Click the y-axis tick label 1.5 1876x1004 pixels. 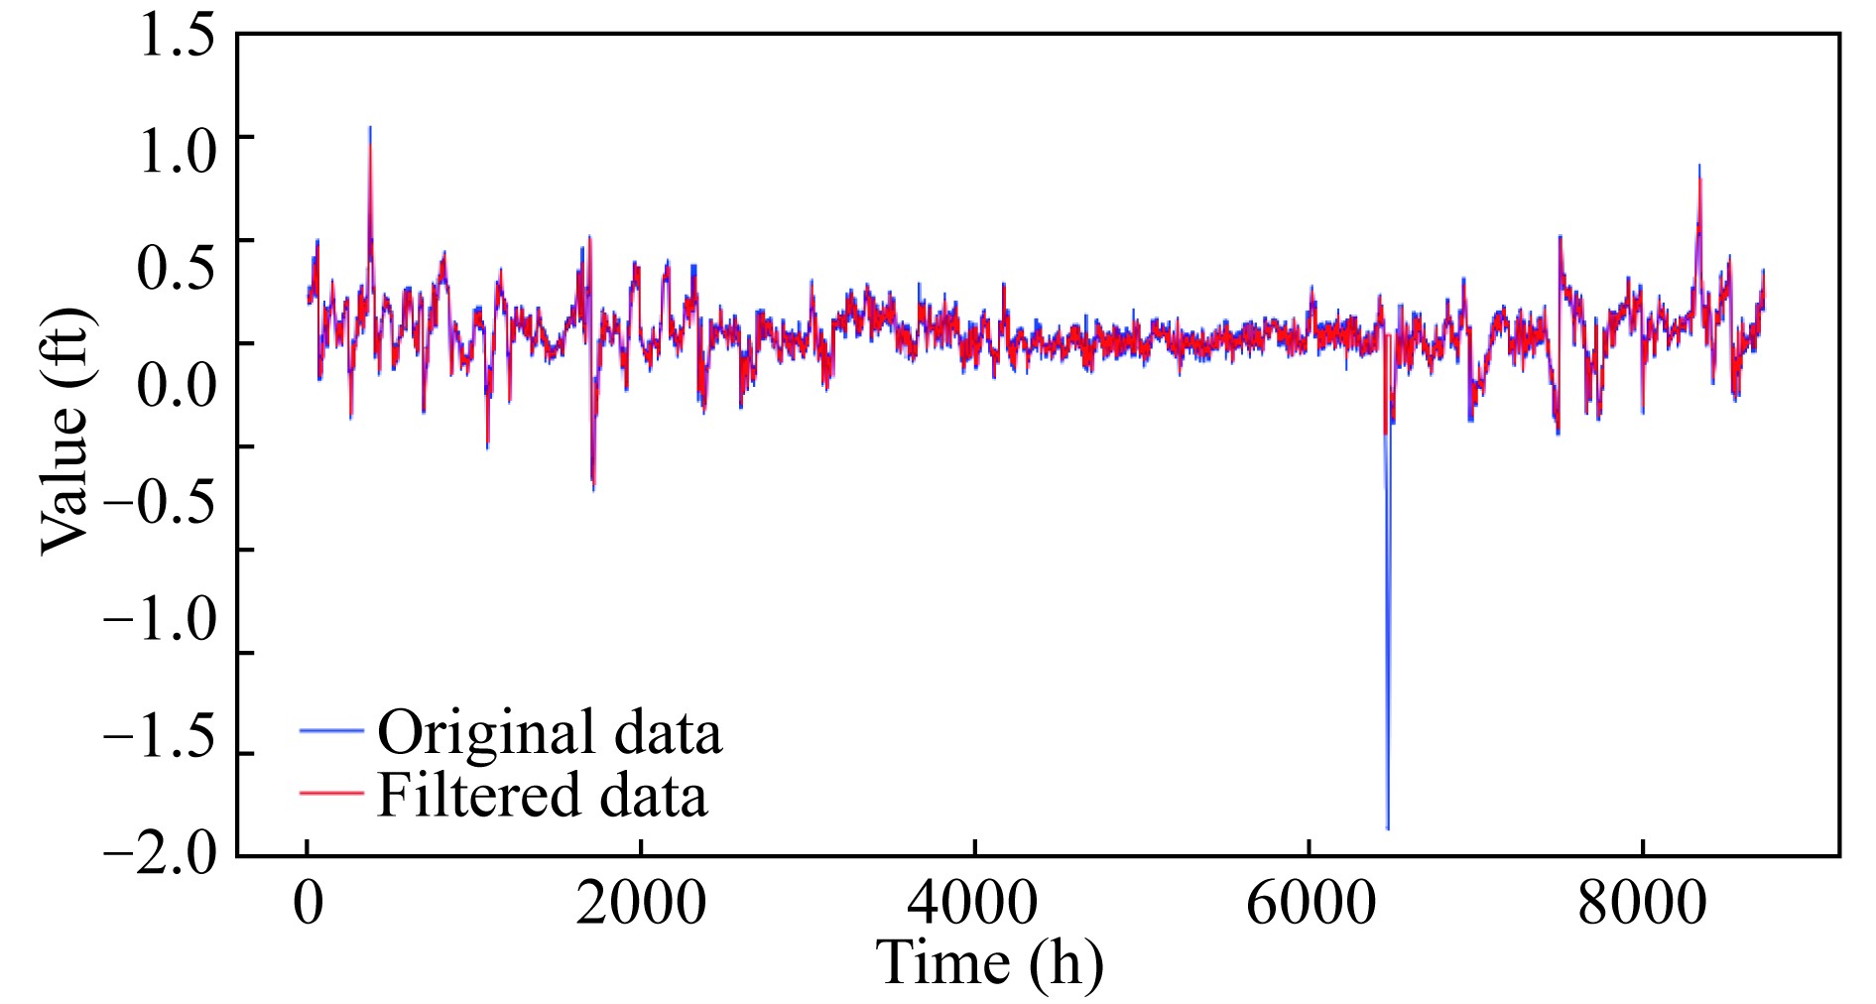coord(176,36)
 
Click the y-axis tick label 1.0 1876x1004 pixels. coord(176,151)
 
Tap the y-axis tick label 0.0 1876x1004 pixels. coord(176,385)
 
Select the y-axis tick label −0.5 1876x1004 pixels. coord(159,502)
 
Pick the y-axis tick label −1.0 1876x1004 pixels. coord(159,619)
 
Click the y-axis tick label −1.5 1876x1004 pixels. coord(159,738)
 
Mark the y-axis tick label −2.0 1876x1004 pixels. coord(159,853)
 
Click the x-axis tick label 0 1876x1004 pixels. coord(309,903)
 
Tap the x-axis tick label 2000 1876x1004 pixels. coord(641,903)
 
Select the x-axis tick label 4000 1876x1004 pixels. coord(973,903)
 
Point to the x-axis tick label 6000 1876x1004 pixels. coord(1310,903)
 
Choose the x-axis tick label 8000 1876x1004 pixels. coord(1642,903)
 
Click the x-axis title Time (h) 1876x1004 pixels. coord(989,962)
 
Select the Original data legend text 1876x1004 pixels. coord(550,732)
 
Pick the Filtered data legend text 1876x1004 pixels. coord(543,796)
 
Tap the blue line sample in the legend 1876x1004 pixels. coord(331,731)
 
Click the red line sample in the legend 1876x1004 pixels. coord(331,792)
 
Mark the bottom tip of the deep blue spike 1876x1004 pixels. coord(1388,827)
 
